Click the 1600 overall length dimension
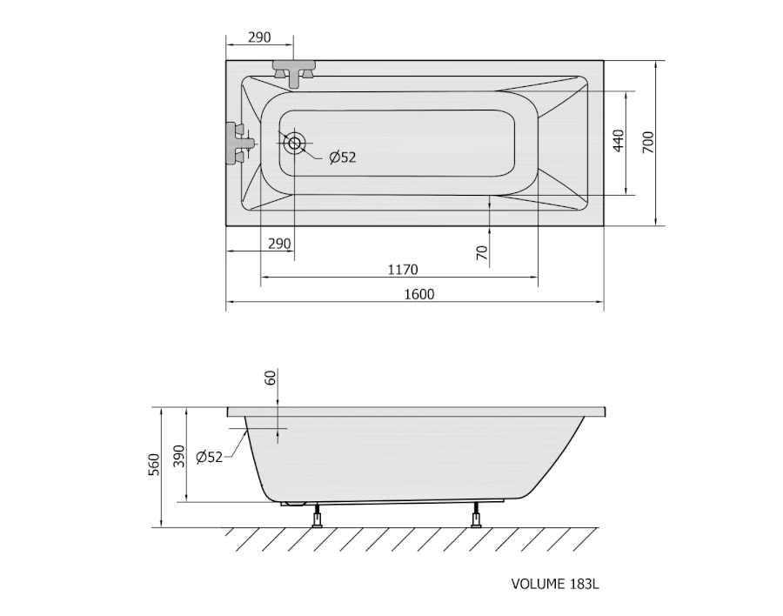tap(419, 294)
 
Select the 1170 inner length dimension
tap(403, 270)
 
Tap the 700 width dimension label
tap(647, 143)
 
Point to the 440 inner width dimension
tap(619, 141)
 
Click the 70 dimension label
tap(482, 253)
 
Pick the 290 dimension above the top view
tap(259, 37)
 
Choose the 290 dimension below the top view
tap(279, 244)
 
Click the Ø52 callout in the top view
tap(343, 157)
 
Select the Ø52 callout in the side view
tap(209, 457)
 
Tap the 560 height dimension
tap(154, 465)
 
